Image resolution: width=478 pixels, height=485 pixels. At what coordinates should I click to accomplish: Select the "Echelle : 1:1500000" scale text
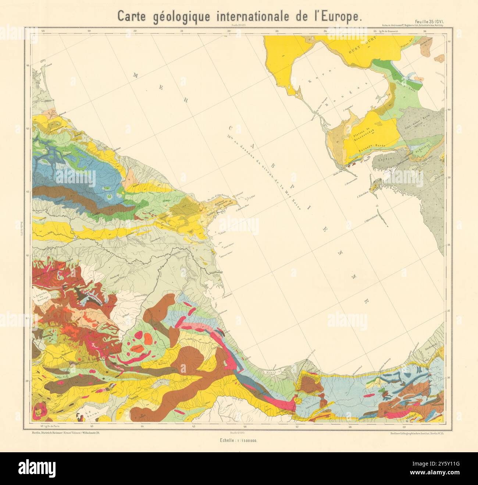click(239, 440)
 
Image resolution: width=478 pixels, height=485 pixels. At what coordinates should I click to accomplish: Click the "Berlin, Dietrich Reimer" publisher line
click(66, 433)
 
